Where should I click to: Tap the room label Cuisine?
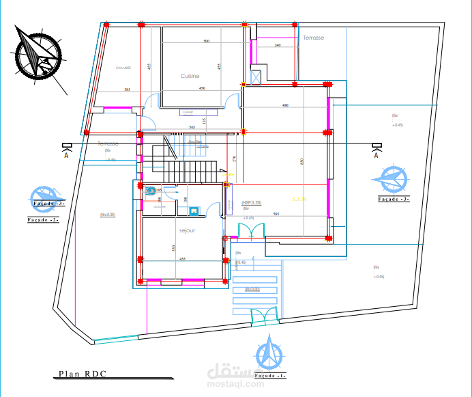tap(190, 76)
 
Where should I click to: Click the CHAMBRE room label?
tap(123, 68)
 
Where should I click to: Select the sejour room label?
tap(187, 231)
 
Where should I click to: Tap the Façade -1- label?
tap(269, 376)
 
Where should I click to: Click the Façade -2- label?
tap(44, 220)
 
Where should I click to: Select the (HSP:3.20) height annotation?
tap(251, 203)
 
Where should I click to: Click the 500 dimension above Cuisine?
tap(206, 42)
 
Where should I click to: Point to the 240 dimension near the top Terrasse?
tap(278, 45)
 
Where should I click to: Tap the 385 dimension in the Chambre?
tap(127, 90)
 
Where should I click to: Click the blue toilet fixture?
tap(150, 191)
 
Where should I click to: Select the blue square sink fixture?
tap(194, 211)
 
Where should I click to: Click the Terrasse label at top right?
tap(314, 38)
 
